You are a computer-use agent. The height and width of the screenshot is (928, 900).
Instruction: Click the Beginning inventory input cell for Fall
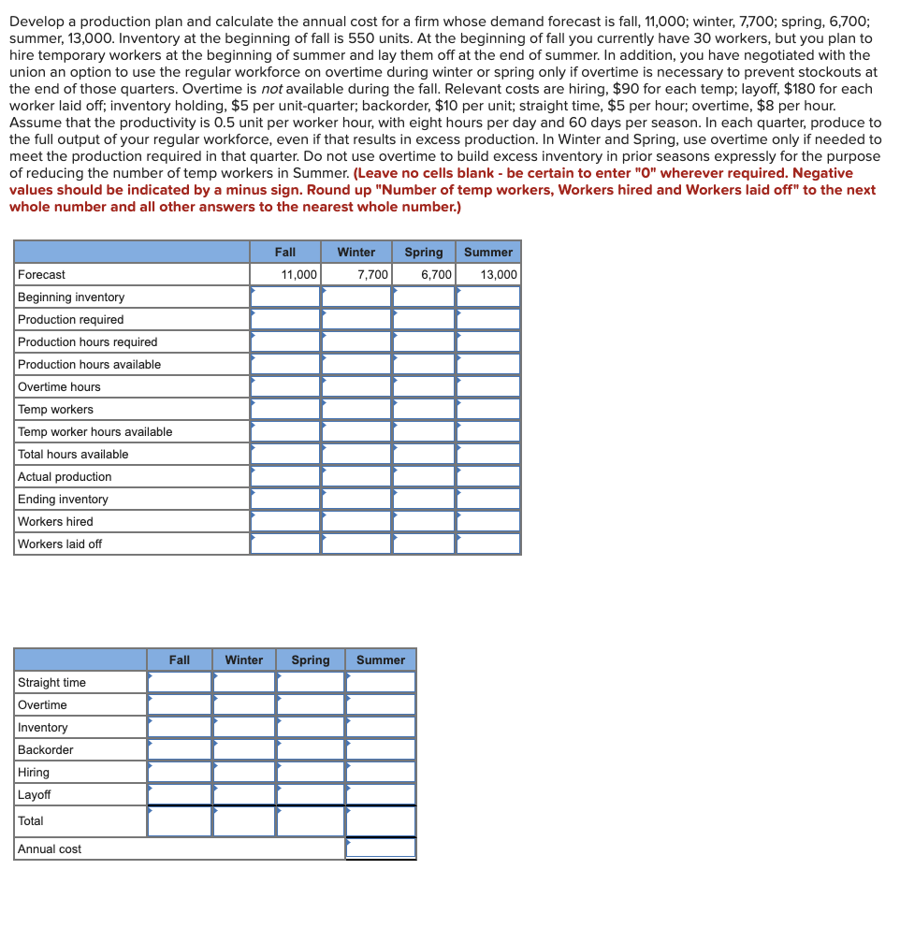[x=285, y=297]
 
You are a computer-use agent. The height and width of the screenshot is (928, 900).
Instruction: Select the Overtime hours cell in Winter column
[x=356, y=386]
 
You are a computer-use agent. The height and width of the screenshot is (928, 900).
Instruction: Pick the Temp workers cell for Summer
[x=487, y=409]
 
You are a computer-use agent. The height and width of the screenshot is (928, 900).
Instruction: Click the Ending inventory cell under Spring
[x=423, y=499]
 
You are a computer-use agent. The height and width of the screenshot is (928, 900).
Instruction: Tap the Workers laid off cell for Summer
[x=487, y=544]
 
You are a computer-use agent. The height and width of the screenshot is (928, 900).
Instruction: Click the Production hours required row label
[x=88, y=341]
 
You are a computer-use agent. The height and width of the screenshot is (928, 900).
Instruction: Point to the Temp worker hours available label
[x=94, y=431]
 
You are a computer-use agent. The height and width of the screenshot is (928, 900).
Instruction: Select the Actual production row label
[x=65, y=476]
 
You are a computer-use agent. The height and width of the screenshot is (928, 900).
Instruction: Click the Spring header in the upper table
[x=423, y=252]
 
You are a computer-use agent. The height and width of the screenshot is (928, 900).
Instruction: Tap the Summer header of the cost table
[x=380, y=660]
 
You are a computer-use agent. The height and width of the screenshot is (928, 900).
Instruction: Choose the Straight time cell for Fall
[x=180, y=682]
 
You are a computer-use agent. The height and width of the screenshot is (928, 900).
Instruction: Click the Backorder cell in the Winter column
[x=243, y=749]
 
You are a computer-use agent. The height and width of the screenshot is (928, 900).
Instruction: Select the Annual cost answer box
[x=380, y=848]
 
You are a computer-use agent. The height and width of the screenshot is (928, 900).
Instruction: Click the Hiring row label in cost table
[x=34, y=772]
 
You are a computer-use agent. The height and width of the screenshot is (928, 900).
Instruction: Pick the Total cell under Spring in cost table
[x=310, y=820]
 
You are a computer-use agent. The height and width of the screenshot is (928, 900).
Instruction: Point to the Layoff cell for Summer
[x=380, y=794]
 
